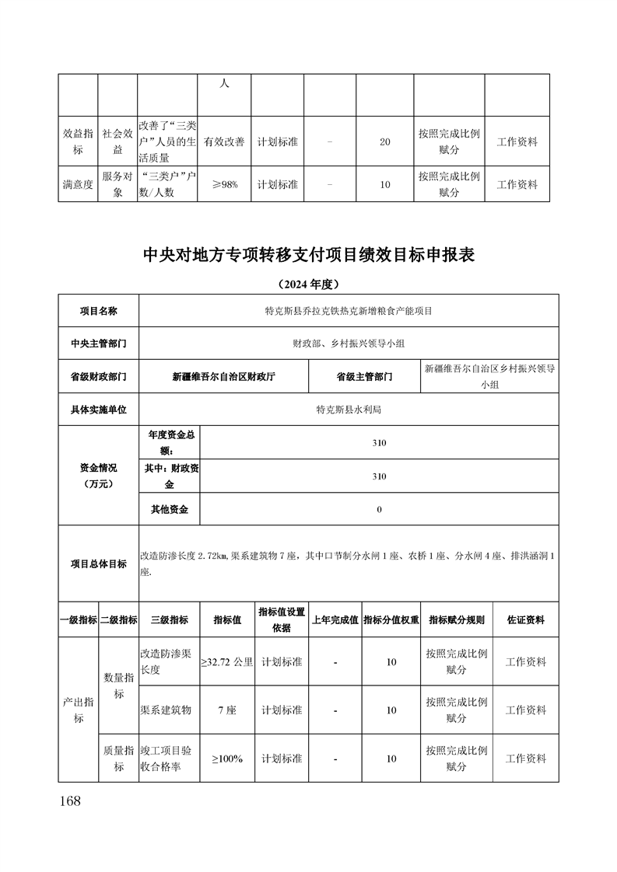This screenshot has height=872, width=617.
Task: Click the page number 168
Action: pos(69,801)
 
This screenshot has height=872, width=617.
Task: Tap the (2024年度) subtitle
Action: pos(309,284)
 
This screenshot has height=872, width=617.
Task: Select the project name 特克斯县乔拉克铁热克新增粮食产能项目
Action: pos(348,311)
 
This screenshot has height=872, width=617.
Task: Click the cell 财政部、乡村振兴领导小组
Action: pos(348,343)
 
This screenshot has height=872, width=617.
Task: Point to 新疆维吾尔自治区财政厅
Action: pos(223,376)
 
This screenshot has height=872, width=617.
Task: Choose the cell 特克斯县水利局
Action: pos(348,409)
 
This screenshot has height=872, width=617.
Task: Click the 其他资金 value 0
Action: pos(379,509)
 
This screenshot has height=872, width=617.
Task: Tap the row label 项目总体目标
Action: pos(98,563)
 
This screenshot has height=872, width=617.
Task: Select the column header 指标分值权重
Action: pos(391,620)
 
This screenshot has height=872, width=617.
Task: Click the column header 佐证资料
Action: pos(525,620)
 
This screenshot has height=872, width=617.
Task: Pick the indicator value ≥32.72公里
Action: pos(227,662)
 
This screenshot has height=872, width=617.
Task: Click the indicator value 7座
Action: pos(227,710)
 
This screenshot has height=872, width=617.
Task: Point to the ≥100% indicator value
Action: pos(227,758)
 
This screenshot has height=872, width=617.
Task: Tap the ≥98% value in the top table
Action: pos(224,185)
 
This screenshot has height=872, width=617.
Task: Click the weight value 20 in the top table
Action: pos(384,142)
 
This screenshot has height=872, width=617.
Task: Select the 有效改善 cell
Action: pos(224,142)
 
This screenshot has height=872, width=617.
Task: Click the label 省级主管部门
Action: pos(364,376)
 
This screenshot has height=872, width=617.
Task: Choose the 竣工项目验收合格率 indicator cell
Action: pos(168,758)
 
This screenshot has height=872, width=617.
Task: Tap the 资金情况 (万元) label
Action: pos(98,476)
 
